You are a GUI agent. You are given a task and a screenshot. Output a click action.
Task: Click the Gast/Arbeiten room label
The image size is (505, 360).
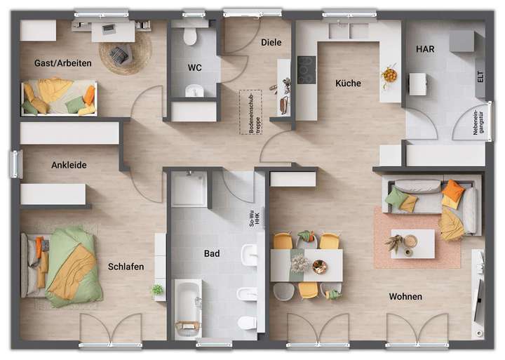click(62, 63)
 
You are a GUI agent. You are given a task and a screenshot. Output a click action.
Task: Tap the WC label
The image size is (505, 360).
click(194, 68)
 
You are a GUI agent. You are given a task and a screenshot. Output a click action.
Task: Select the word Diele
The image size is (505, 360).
click(271, 42)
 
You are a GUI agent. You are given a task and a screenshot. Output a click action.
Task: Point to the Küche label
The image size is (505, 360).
click(348, 83)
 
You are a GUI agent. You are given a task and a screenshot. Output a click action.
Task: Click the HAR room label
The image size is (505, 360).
click(425, 49)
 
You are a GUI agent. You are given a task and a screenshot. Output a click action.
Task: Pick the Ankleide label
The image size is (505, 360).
click(69, 166)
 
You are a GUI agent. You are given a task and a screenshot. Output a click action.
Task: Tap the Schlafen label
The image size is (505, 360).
click(126, 267)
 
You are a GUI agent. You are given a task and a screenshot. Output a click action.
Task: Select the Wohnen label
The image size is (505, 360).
click(405, 296)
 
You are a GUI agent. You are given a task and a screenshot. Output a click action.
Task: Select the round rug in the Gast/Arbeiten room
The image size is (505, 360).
click(125, 51)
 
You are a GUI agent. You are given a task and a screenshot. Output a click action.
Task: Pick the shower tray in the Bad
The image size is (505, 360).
click(189, 189)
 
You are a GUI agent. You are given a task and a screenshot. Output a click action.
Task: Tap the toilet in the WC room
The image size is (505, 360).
click(190, 36)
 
